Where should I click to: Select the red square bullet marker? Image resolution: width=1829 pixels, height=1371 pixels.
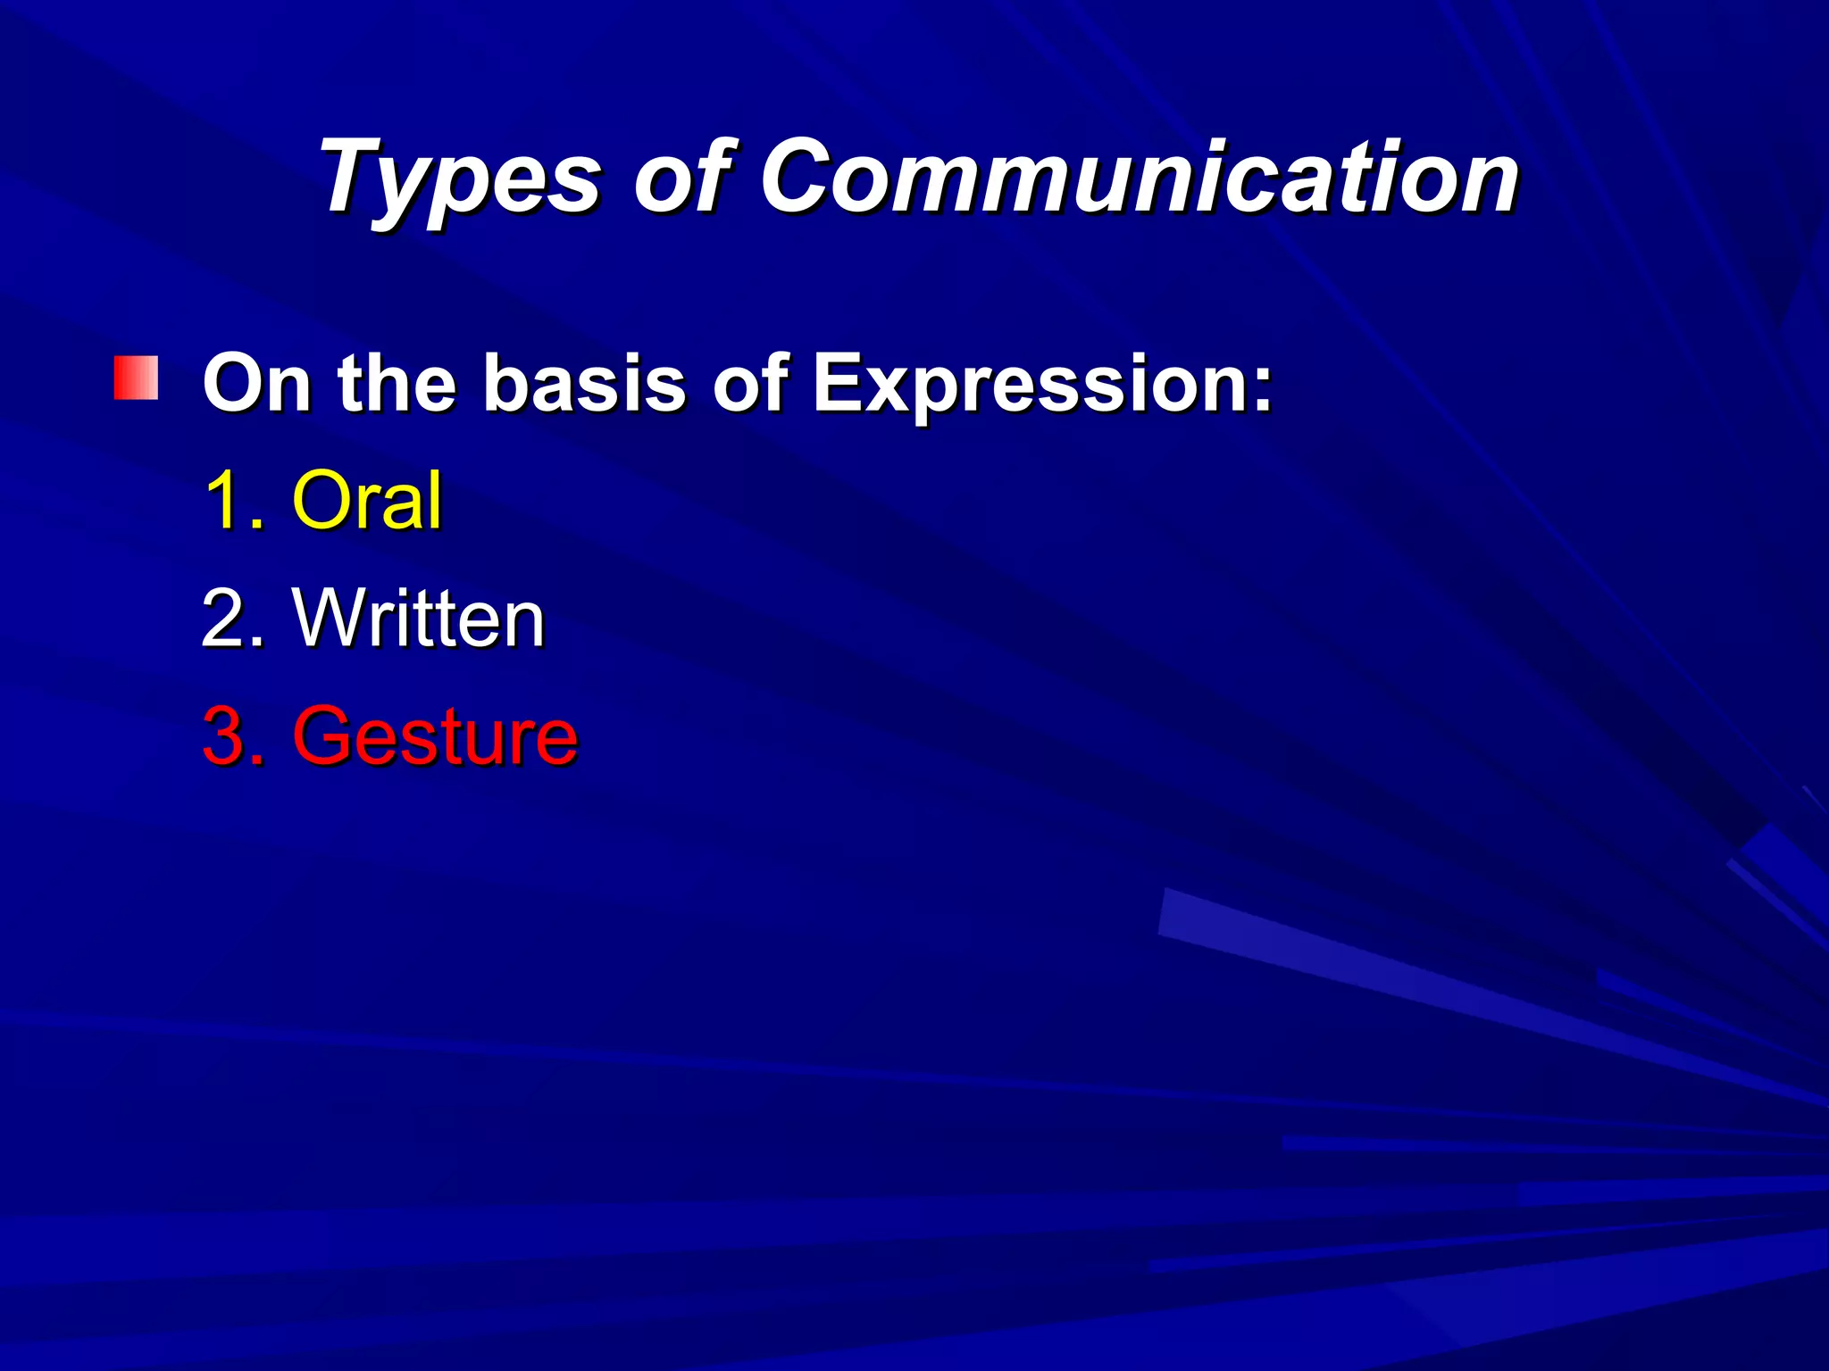136,378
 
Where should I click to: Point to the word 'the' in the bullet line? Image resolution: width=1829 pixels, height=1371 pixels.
397,383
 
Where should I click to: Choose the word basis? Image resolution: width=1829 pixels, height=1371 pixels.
584,383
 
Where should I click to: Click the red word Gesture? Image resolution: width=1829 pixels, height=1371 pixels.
435,736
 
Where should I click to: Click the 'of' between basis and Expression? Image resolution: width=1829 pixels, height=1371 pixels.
749,383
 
